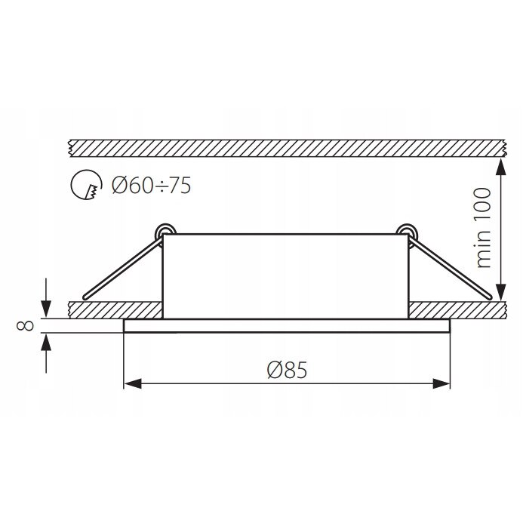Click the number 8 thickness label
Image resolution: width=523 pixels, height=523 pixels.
[25, 325]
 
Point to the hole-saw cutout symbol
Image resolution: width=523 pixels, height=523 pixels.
[85, 185]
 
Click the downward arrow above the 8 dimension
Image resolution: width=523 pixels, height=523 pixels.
[48, 309]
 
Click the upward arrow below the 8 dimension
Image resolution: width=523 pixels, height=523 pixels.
[48, 342]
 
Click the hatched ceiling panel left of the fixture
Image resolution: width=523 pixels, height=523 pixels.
[113, 309]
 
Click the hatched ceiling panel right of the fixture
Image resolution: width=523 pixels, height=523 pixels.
[453, 309]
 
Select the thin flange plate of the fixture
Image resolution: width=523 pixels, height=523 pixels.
[287, 325]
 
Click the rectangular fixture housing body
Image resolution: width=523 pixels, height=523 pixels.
[287, 275]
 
